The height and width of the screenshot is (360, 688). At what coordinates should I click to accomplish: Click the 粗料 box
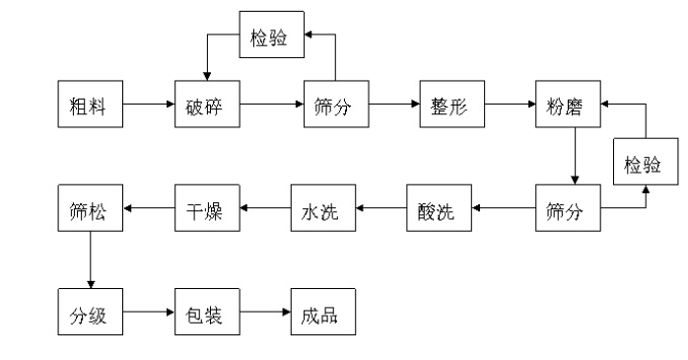pyautogui.click(x=91, y=104)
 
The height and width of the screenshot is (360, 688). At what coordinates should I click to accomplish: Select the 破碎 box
pyautogui.click(x=207, y=104)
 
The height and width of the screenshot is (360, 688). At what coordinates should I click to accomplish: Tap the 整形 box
pyautogui.click(x=448, y=104)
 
